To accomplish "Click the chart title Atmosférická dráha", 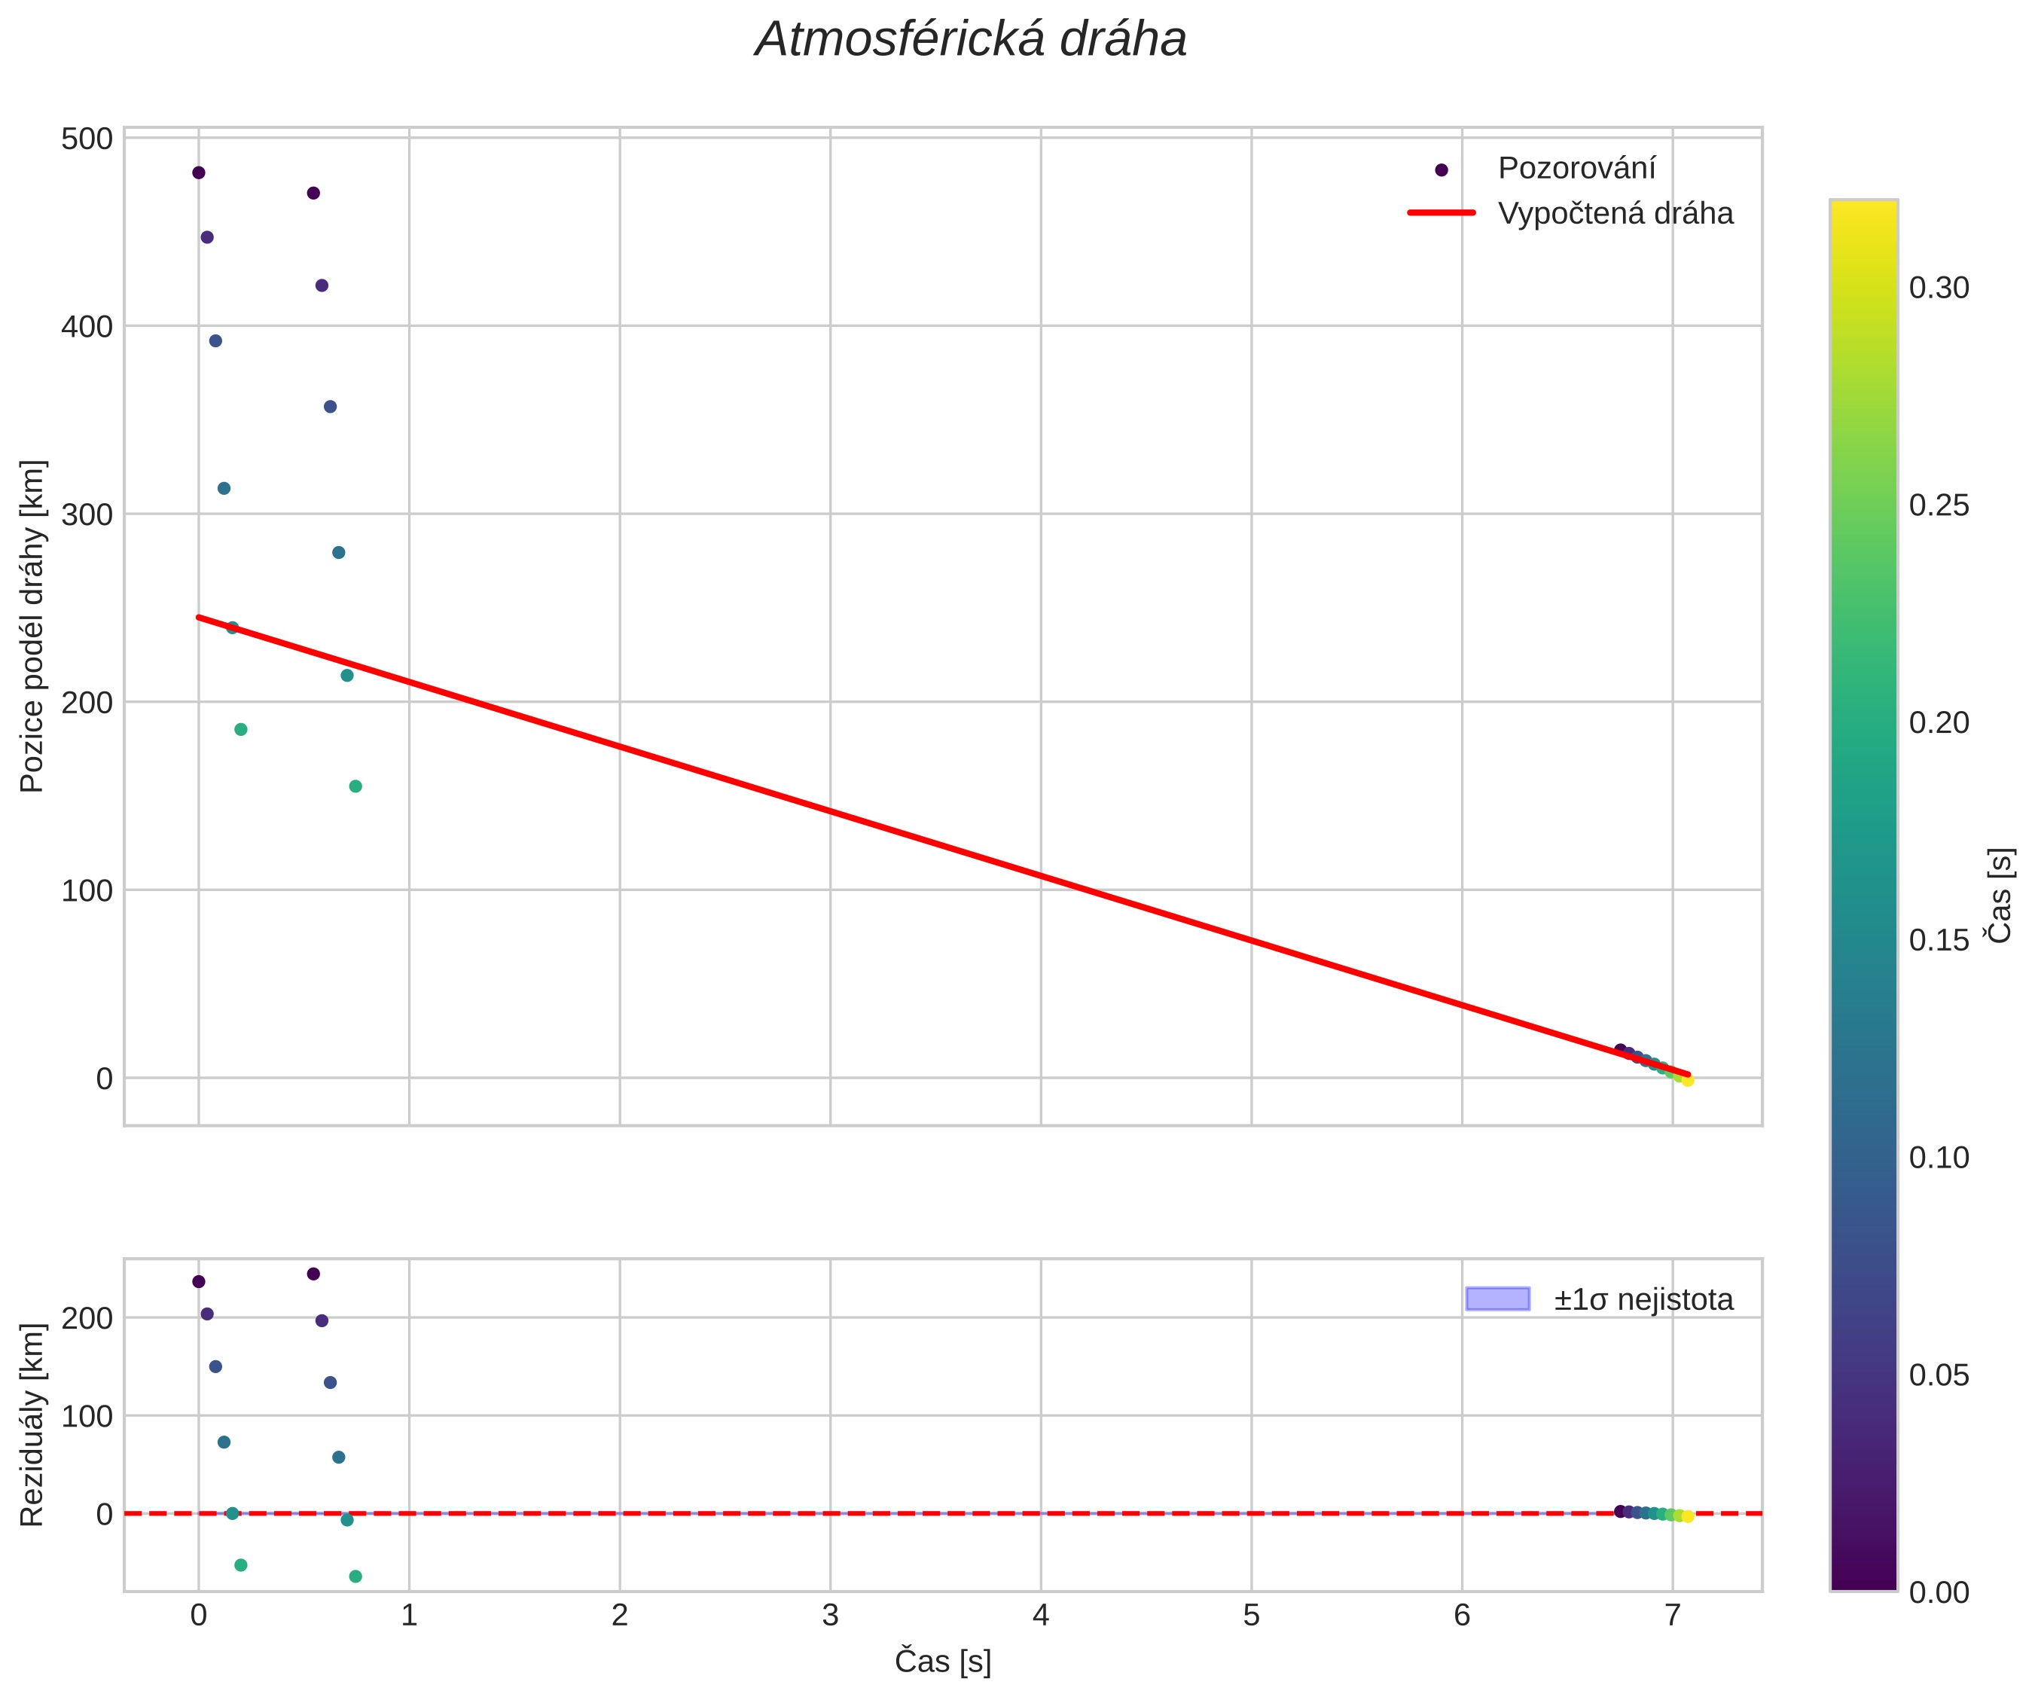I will tap(971, 41).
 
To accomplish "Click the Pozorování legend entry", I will tap(1576, 169).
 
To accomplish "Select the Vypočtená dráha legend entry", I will tap(1615, 213).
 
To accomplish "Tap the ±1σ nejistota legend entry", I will tap(1643, 1299).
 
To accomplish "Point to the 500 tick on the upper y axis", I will tap(87, 139).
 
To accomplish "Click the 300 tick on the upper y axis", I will tap(87, 514).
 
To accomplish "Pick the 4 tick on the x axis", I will tap(1041, 1616).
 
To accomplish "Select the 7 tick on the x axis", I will tap(1673, 1616).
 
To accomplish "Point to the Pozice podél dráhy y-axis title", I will tap(33, 626).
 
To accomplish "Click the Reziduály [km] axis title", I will tap(33, 1424).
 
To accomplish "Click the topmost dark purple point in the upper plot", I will tap(199, 173).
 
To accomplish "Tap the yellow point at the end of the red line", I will tap(1688, 1081).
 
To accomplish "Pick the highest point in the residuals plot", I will tap(313, 1274).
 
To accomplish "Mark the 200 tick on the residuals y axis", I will tap(87, 1319).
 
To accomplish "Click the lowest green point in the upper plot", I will tap(355, 786).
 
